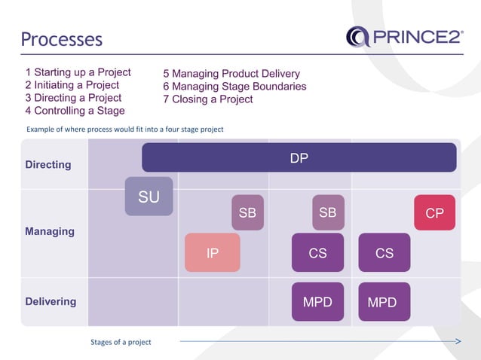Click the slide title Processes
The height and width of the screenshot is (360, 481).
[61, 38]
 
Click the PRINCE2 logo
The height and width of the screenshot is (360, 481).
[405, 36]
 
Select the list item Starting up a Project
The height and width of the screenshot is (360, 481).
[78, 72]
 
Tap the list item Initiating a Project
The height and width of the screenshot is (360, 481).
[72, 85]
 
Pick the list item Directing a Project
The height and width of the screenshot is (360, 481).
[73, 98]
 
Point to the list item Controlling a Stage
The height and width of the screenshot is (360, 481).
[75, 111]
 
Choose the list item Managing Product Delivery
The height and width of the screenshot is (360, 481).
[231, 74]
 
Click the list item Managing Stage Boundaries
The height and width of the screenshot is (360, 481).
[234, 87]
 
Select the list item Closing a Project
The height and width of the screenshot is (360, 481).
[208, 99]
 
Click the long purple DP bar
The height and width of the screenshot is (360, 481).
[299, 157]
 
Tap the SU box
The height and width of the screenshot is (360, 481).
[149, 197]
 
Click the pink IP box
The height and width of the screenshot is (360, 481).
[213, 253]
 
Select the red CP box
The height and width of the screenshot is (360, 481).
[434, 213]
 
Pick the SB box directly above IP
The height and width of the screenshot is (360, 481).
[247, 213]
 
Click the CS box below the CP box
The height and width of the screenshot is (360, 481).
[384, 253]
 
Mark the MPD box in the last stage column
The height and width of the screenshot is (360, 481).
[384, 302]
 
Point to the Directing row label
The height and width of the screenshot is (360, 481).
[48, 165]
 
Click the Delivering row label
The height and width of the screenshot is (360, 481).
[51, 302]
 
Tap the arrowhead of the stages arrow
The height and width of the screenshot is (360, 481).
[458, 341]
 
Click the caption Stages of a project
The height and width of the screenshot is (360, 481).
[121, 342]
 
